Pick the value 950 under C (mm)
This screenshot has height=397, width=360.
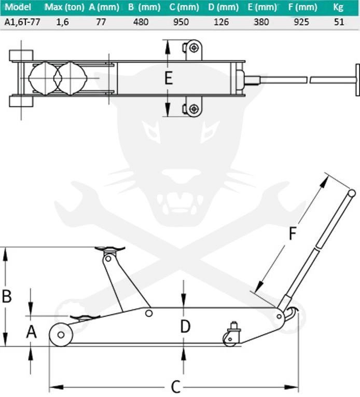click(181, 22)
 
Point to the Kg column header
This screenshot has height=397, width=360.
click(338, 7)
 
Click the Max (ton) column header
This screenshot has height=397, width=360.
click(64, 7)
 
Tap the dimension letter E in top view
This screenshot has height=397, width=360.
click(168, 78)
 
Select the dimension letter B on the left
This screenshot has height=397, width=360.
click(7, 296)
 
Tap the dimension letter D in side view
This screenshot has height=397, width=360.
click(185, 326)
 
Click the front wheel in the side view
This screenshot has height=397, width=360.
click(61, 335)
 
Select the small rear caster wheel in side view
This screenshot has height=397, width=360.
click(229, 338)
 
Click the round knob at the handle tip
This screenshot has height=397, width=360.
click(351, 194)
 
